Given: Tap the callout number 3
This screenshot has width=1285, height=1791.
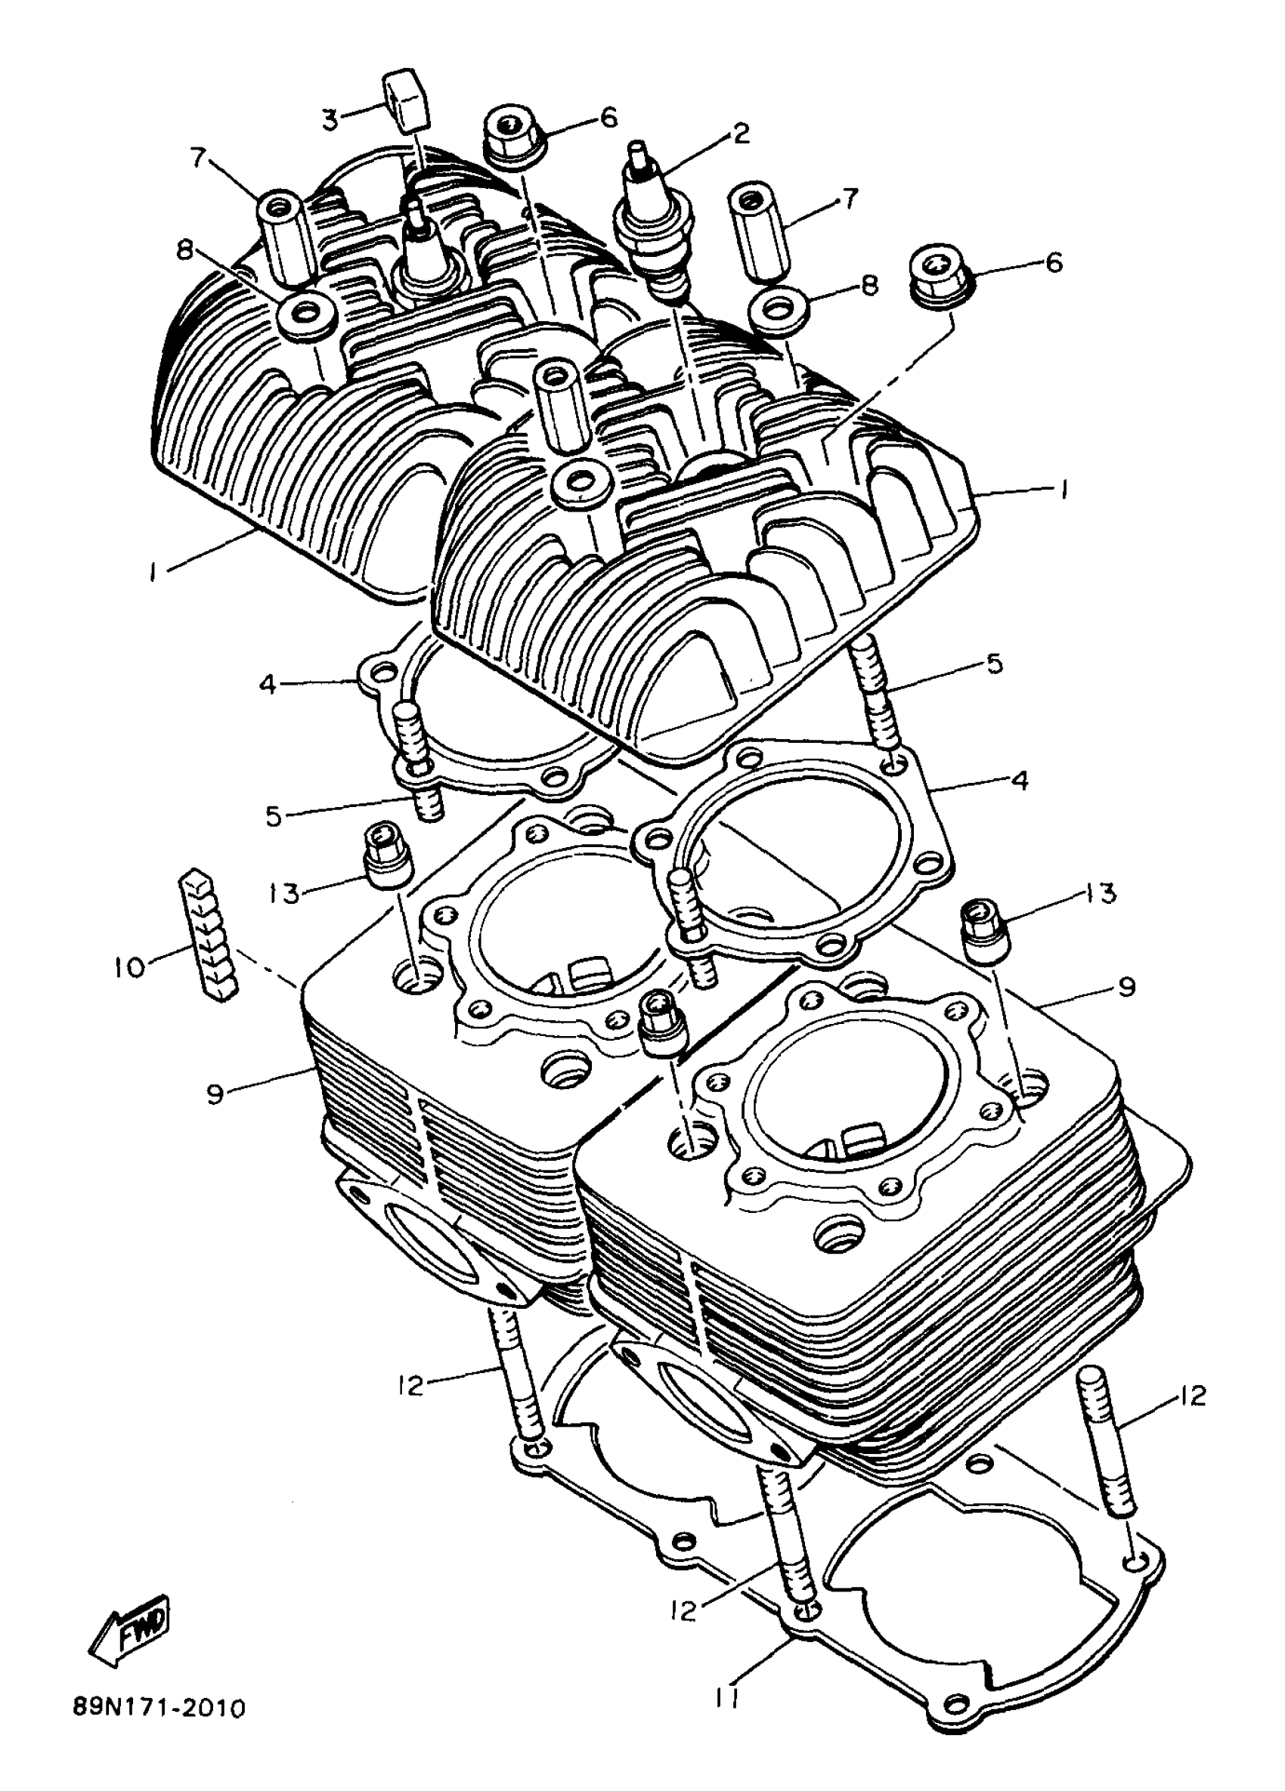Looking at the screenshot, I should click(330, 120).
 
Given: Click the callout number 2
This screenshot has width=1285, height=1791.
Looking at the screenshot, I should click(740, 133).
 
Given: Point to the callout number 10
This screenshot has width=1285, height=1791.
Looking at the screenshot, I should click(129, 967).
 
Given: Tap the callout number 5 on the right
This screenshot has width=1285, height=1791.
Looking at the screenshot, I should click(994, 664).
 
